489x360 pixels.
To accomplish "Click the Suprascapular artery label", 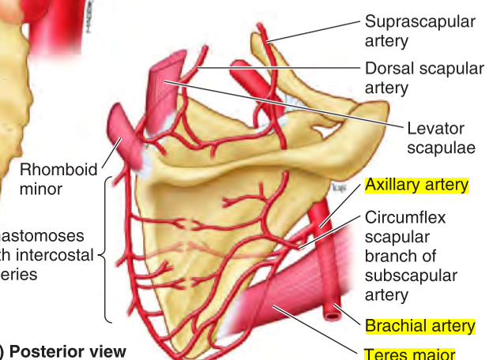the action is pyautogui.click(x=419, y=30).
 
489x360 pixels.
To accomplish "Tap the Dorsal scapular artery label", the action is pyautogui.click(x=424, y=77).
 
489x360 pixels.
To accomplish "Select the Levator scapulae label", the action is pyautogui.click(x=435, y=137).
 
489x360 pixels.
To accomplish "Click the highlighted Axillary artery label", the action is pyautogui.click(x=416, y=186).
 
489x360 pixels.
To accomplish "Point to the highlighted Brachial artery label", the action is pyautogui.click(x=419, y=325).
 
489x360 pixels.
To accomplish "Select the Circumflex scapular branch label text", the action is pyautogui.click(x=411, y=256).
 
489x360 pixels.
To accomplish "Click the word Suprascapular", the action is pyautogui.click(x=419, y=21).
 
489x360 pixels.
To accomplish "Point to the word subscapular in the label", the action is pyautogui.click(x=411, y=276).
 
